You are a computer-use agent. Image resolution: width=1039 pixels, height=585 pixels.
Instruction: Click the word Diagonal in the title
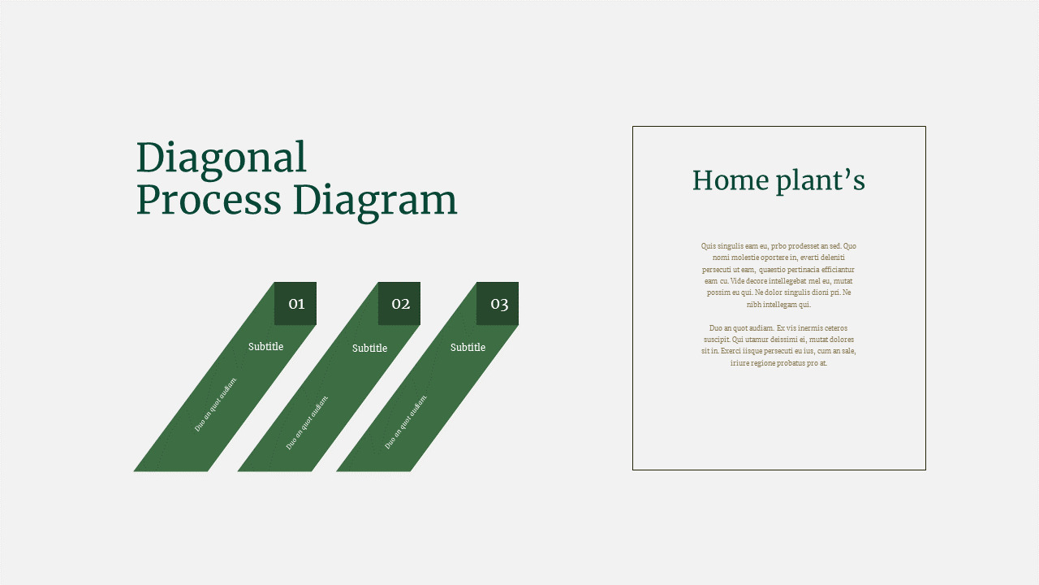[221, 158]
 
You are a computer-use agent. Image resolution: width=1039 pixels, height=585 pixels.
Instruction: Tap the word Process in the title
[209, 200]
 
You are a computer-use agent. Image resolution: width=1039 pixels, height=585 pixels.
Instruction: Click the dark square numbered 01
[295, 304]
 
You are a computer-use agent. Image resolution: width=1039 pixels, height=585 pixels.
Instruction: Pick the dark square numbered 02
[399, 304]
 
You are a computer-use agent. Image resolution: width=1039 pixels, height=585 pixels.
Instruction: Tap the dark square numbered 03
[498, 304]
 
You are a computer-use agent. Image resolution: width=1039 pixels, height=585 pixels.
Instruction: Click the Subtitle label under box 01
[265, 347]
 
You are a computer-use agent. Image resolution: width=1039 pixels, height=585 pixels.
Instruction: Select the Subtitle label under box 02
[369, 349]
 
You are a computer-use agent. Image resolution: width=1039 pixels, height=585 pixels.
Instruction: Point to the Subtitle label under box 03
[468, 348]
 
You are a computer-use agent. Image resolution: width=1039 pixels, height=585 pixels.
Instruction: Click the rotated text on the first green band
[216, 404]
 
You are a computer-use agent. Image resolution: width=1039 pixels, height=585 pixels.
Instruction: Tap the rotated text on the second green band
[308, 422]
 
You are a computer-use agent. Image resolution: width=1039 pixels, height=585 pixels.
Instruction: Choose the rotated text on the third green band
[406, 421]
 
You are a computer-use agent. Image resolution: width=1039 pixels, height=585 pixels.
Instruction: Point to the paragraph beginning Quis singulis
[778, 275]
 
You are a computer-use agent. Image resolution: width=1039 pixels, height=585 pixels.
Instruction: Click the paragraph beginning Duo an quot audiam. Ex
[778, 345]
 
